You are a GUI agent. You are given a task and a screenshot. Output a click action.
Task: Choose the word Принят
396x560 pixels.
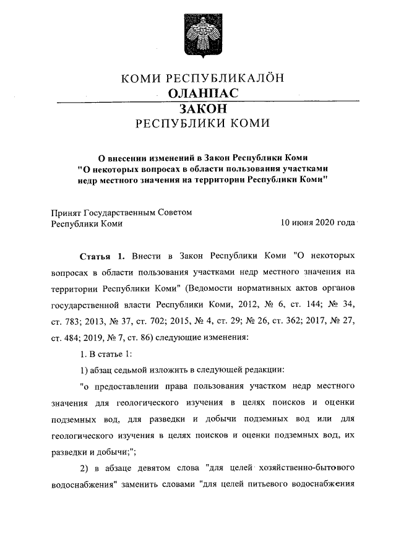point(67,212)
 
